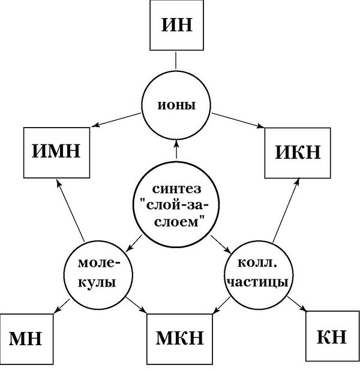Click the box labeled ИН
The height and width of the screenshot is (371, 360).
coord(176,26)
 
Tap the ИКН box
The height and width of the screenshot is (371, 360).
coord(298,152)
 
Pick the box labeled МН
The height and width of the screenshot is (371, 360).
coord(25,339)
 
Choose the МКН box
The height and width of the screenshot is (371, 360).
coord(180,339)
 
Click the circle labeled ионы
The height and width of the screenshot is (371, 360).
coord(176,104)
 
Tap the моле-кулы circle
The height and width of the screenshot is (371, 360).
coord(99,273)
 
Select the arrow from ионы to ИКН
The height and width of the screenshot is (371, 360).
coord(238,120)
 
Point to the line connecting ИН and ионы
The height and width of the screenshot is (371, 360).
coord(176,61)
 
